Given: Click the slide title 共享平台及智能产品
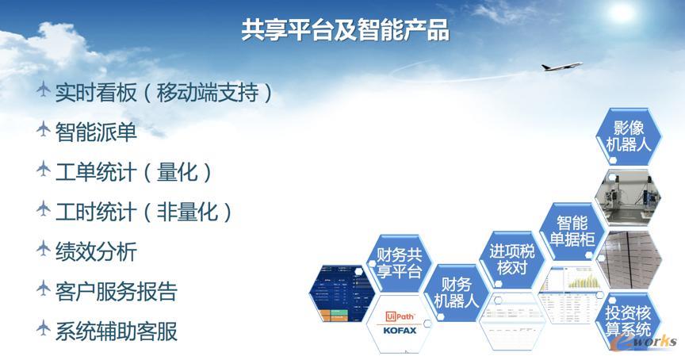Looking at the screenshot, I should point(345,31).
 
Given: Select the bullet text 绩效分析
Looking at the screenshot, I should point(96,251).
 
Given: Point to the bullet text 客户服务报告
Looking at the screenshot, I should point(116,291).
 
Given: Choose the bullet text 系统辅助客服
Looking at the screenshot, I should point(116,331).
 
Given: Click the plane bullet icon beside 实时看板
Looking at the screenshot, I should point(44,91).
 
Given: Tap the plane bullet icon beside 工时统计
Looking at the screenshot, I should point(44,210).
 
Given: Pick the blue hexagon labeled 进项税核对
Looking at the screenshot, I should point(511,260).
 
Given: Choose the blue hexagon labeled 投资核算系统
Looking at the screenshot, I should point(628,320).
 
